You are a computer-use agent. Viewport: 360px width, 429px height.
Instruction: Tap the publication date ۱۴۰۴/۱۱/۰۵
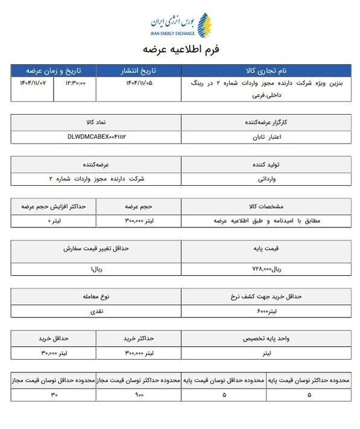point(137,83)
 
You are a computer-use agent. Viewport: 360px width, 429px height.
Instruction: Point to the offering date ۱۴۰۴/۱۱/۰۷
point(33,83)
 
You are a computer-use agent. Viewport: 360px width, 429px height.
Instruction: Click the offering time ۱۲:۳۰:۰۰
point(80,83)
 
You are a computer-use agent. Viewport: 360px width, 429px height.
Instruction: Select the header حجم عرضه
point(139,206)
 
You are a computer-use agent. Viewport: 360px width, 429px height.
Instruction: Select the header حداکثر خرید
point(139,338)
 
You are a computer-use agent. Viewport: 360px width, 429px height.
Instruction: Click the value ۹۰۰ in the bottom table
point(139,395)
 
